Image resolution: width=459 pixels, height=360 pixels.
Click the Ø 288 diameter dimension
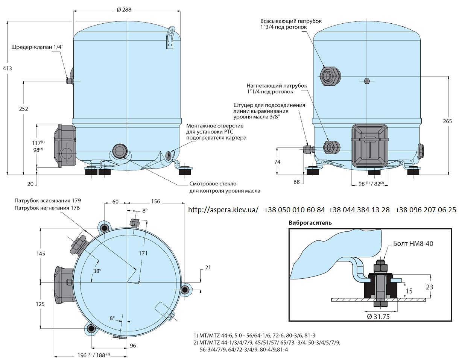click(x=124, y=10)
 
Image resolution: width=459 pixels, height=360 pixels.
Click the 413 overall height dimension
click(x=8, y=68)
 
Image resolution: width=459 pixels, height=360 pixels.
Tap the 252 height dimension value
click(x=24, y=109)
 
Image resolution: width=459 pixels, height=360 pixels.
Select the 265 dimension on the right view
click(x=447, y=121)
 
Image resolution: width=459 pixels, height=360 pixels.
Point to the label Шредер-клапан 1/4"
click(x=37, y=47)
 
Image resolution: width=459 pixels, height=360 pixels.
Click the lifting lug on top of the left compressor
click(x=170, y=38)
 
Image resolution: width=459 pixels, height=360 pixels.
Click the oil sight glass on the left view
click(x=119, y=151)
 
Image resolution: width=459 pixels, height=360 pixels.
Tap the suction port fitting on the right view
click(x=330, y=76)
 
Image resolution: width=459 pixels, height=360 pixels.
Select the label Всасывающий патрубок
click(x=291, y=21)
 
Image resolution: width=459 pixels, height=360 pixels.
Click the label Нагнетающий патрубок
click(x=277, y=86)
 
